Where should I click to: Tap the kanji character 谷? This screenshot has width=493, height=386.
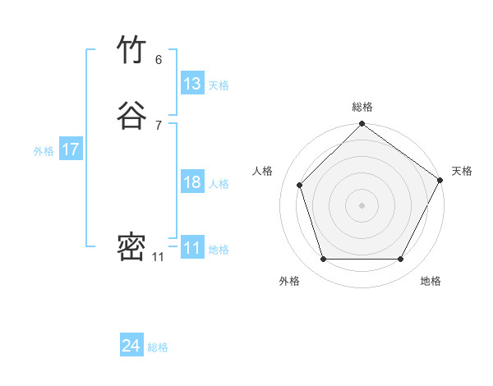(x=132, y=115)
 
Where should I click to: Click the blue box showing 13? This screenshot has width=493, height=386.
(x=192, y=84)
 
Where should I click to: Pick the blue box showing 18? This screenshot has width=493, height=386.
(x=192, y=182)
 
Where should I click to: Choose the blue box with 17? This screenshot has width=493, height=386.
(x=71, y=149)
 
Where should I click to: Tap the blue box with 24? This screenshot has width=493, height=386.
(x=131, y=346)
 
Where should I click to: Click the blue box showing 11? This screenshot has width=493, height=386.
(x=192, y=248)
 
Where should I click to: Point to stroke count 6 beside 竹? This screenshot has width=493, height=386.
(x=159, y=59)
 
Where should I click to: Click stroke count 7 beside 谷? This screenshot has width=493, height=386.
(x=159, y=125)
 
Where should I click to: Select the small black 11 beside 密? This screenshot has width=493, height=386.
(x=159, y=257)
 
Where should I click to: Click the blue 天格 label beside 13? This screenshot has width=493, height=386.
(x=219, y=85)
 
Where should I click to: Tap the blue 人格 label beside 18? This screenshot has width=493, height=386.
(x=219, y=184)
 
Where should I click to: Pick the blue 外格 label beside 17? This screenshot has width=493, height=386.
(x=44, y=151)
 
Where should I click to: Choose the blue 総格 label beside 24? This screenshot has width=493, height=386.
(x=158, y=347)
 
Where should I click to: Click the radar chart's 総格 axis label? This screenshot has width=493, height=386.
(x=362, y=107)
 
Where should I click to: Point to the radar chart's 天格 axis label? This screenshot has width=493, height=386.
(x=462, y=171)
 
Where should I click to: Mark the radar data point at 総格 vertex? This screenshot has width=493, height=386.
(x=362, y=125)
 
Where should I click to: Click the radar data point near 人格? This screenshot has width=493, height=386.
(x=300, y=185)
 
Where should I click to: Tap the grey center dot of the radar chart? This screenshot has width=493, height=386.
(x=362, y=204)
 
